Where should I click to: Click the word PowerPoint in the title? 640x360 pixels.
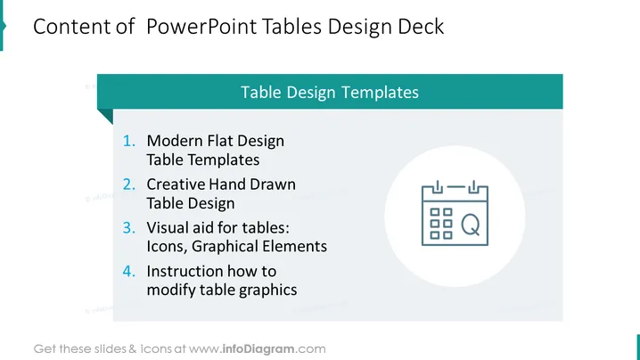pos(201,27)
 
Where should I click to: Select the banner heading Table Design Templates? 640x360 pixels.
pos(330,93)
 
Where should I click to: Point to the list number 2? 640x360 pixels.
pos(129,184)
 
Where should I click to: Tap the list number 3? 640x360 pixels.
pos(129,228)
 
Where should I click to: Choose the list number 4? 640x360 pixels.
pos(129,271)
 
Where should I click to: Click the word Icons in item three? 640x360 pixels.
pos(167,247)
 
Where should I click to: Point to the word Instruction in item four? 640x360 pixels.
pos(185,271)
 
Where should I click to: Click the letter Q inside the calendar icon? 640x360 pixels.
pos(471,225)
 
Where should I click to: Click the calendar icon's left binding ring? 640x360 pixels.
pos(437,187)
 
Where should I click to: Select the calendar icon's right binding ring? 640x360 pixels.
pos(473,187)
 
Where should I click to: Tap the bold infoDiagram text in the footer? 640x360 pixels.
pos(258,349)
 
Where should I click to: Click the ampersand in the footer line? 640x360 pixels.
pos(132,349)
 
